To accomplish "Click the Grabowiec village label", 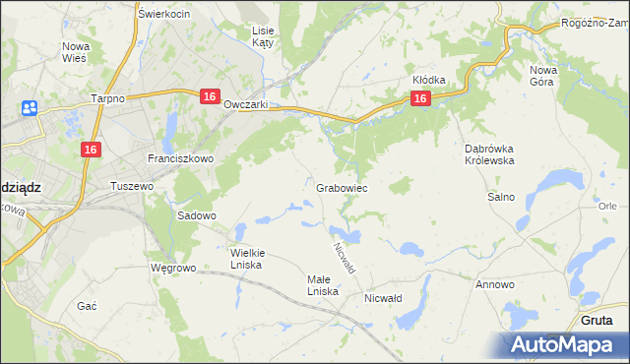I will (342, 187).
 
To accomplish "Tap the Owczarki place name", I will (246, 105).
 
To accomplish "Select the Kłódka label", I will (429, 80).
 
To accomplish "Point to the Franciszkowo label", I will (174, 158).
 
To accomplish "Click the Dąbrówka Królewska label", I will (489, 154).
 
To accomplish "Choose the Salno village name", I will (501, 197).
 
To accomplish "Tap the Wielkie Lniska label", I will (247, 258).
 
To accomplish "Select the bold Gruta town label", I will (597, 321).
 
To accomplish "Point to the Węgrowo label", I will (173, 267).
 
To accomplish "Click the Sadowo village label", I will (196, 215).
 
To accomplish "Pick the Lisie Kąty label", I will (263, 36).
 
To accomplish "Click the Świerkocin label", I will (164, 14).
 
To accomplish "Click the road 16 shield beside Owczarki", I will (209, 95).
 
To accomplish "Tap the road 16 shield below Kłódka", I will (420, 98).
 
